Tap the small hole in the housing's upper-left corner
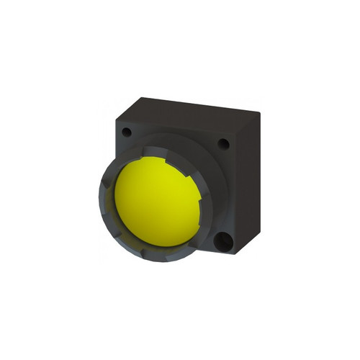(x=127, y=132)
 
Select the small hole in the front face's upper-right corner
(x=223, y=144)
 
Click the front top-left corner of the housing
(x=116, y=120)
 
